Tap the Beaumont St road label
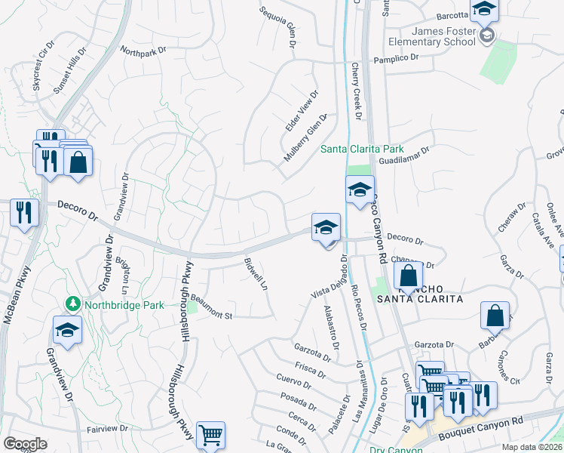point(210,309)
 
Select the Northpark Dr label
point(143,51)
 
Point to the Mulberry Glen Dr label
point(305,137)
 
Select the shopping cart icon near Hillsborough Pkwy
point(210,436)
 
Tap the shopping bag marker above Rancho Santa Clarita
point(408,276)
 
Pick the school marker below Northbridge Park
point(67,330)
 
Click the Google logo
point(25,444)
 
